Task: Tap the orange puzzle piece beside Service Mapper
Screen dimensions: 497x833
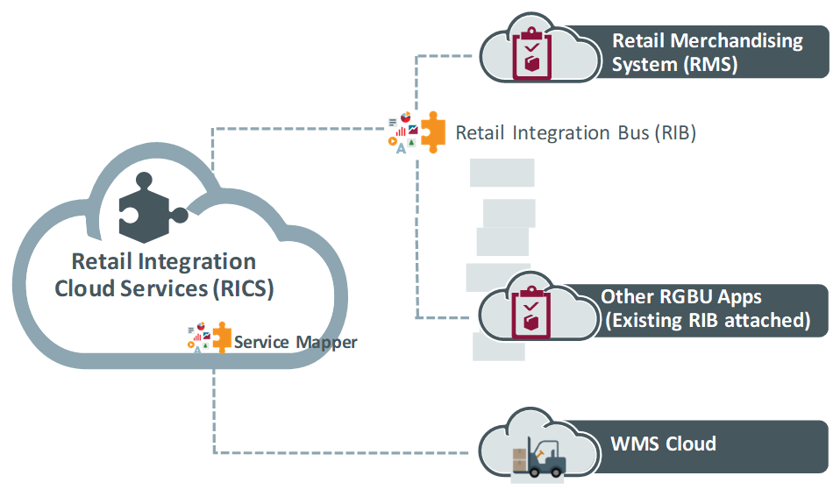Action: point(222,337)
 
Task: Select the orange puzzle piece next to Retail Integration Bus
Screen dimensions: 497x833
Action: point(432,131)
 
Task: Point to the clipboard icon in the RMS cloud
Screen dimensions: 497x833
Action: point(531,54)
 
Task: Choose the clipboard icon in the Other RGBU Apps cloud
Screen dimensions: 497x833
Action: point(531,310)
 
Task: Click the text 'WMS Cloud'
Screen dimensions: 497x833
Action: point(663,444)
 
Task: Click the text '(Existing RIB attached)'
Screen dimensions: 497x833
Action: point(707,320)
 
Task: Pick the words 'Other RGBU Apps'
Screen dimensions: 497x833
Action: point(681,296)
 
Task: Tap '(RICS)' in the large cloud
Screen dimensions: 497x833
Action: point(243,289)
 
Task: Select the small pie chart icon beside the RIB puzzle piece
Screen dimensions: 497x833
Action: point(405,117)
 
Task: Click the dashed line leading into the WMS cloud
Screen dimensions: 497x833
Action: point(351,453)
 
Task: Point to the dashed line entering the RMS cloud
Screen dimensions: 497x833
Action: point(447,57)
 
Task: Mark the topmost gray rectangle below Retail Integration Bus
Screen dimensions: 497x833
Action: point(502,173)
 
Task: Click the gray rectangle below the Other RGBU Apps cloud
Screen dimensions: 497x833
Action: point(498,347)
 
